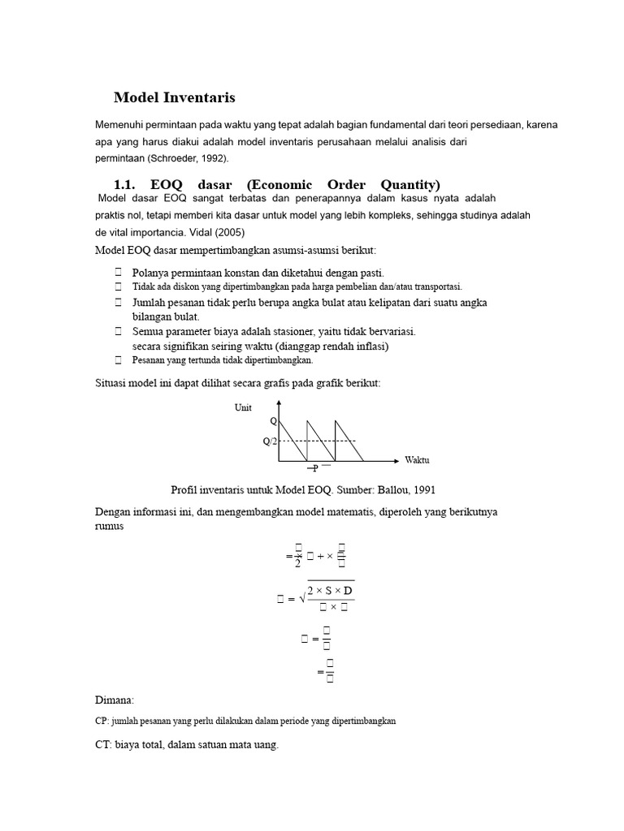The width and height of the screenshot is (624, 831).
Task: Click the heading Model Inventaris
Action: point(174,97)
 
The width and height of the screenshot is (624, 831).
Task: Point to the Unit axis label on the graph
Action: point(243,408)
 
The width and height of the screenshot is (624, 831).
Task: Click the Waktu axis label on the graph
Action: point(417,460)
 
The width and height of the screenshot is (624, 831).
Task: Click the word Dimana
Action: point(115,700)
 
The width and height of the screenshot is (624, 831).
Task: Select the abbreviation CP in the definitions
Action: point(101,721)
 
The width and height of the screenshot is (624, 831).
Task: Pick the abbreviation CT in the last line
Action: point(102,746)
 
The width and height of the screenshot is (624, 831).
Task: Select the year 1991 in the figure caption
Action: point(431,489)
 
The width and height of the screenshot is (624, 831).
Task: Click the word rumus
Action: point(110,526)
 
